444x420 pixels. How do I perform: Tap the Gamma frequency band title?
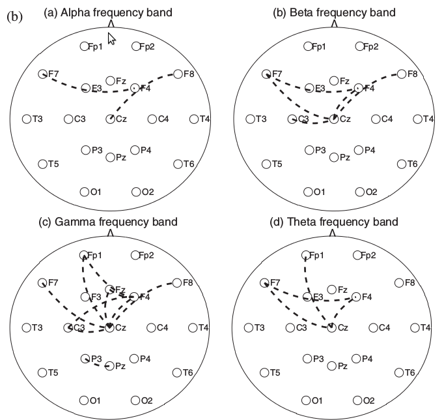pyautogui.click(x=109, y=222)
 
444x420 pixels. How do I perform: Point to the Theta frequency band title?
pyautogui.click(x=333, y=222)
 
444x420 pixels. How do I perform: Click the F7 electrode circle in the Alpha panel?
pyautogui.click(x=43, y=74)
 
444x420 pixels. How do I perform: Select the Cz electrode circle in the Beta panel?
pyautogui.click(x=333, y=119)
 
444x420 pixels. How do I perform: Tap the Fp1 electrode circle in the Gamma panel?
pyautogui.click(x=83, y=255)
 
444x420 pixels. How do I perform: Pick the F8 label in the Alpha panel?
pyautogui.click(x=189, y=74)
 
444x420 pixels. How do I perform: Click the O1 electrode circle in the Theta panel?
pyautogui.click(x=308, y=400)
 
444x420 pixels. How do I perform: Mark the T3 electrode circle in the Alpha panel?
pyautogui.click(x=27, y=119)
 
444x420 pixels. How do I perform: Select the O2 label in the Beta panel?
pyautogui.click(x=370, y=192)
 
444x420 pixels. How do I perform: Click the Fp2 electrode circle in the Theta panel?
pyautogui.click(x=357, y=255)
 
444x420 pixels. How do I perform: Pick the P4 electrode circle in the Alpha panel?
pyautogui.click(x=135, y=151)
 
